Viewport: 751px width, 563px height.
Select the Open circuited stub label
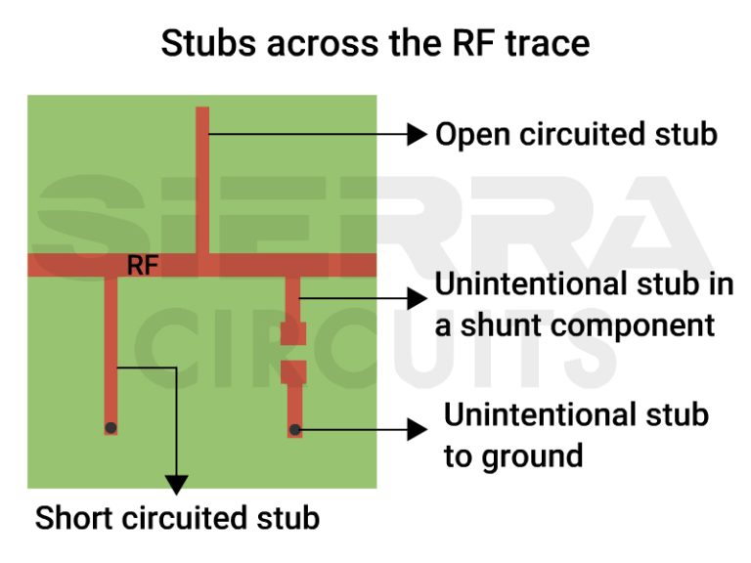coord(576,135)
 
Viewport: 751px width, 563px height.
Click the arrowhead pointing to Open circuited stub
coord(419,133)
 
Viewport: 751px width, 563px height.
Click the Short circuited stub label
coord(178,518)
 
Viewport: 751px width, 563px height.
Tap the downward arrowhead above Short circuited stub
coord(176,483)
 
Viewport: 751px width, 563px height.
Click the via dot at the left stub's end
coord(111,428)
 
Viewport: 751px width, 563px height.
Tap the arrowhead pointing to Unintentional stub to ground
coord(418,428)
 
